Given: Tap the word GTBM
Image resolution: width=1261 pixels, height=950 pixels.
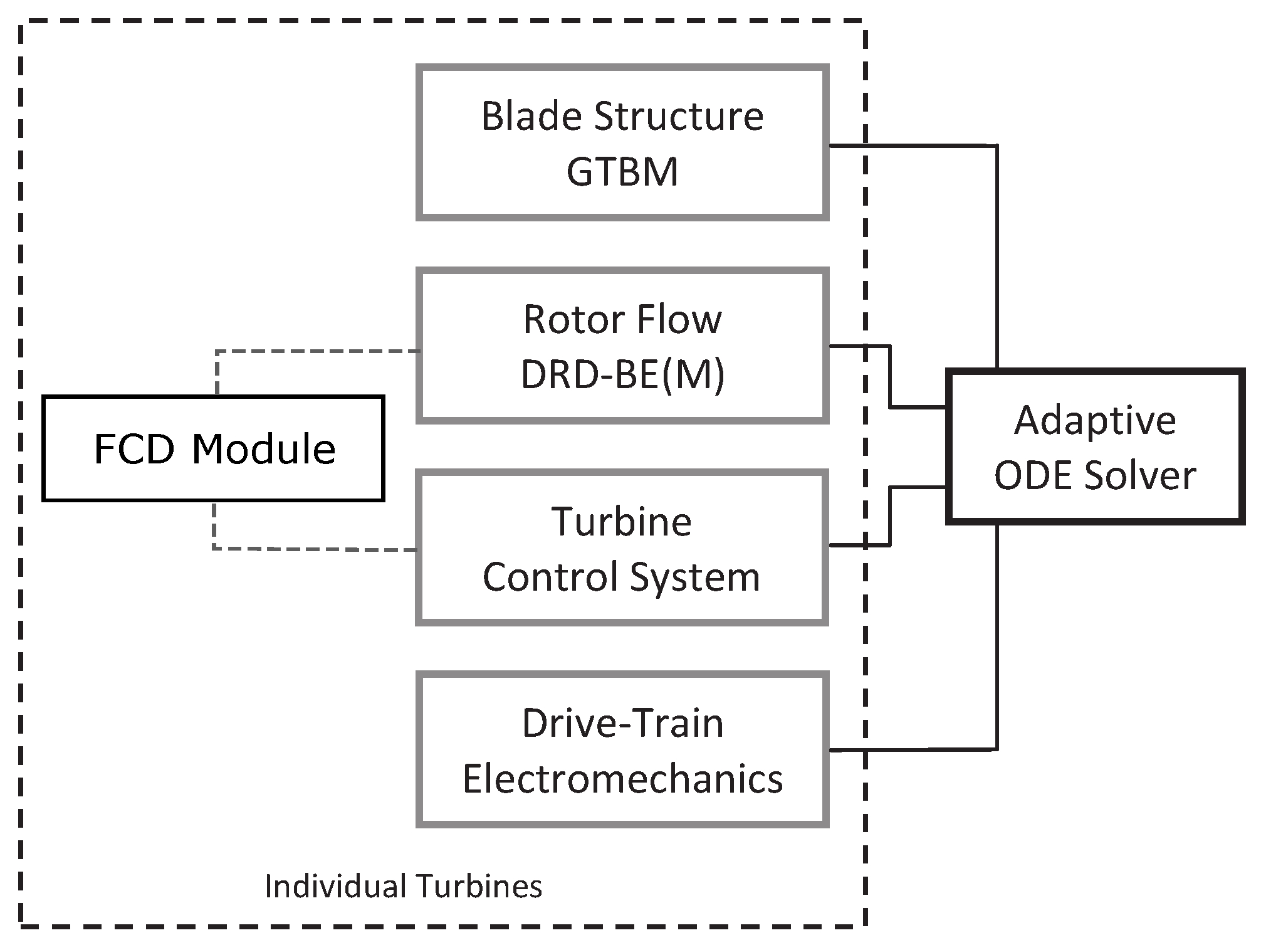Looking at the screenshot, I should click(x=622, y=172).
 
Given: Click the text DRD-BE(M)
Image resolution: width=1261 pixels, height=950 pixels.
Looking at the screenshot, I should click(x=622, y=374).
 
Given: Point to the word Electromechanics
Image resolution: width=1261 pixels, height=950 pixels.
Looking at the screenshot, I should click(x=622, y=779).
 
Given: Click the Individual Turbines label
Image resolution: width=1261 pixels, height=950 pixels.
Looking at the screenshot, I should click(x=403, y=886).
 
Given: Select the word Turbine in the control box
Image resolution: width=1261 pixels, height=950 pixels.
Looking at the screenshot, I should click(x=621, y=522).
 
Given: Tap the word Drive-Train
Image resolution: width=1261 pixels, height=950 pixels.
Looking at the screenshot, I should click(x=622, y=724).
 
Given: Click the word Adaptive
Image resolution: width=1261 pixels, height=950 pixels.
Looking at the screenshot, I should click(x=1095, y=420).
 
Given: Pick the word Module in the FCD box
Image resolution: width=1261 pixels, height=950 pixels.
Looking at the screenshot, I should click(x=263, y=449).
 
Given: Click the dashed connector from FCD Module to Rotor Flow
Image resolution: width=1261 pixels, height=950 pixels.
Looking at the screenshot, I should click(x=313, y=352).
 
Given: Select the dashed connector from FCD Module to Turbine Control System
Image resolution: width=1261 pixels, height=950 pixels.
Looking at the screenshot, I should click(x=313, y=549).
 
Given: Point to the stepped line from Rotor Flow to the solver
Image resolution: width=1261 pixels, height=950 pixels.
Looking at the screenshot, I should click(x=890, y=376).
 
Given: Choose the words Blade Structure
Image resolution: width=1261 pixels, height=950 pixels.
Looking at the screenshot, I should click(x=622, y=117).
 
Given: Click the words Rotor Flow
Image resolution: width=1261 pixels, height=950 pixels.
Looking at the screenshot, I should click(x=622, y=320).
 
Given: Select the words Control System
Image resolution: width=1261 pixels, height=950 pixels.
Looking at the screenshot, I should click(x=621, y=577).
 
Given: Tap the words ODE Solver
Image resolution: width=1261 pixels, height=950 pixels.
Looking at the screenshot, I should click(x=1095, y=475).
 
